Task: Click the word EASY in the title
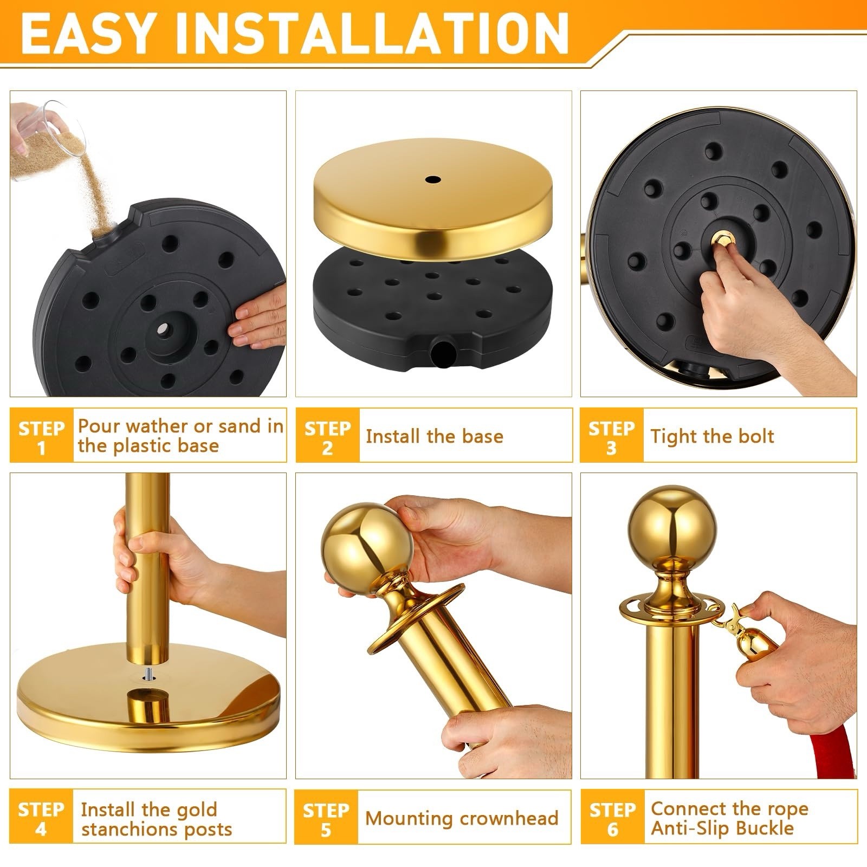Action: pos(92,34)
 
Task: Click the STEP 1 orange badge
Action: pos(42,436)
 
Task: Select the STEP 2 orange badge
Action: pos(327,436)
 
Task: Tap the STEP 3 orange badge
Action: pos(612,436)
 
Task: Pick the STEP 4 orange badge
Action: pos(41,817)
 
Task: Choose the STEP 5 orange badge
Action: pos(326,817)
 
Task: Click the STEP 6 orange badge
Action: pos(612,817)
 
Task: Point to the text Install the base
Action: pos(435,436)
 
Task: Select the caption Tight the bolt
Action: pos(712,436)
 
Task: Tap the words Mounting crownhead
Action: pos(462,818)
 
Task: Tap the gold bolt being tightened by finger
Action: pos(722,238)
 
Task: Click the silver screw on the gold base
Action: pos(148,674)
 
